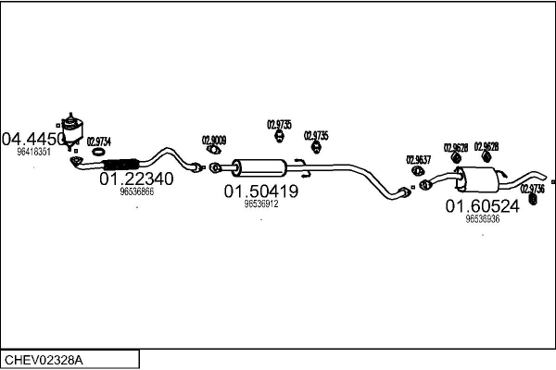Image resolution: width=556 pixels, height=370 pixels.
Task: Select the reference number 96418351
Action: point(33,152)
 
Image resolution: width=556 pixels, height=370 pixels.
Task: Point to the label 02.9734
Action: point(98,142)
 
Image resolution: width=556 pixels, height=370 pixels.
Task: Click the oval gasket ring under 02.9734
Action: point(98,154)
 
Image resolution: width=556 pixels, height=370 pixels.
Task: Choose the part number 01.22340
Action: point(135,179)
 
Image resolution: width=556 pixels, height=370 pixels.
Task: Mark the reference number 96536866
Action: point(136,192)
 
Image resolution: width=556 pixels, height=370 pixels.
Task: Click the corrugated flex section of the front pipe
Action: point(120,165)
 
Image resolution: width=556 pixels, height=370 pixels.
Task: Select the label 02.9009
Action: point(213,141)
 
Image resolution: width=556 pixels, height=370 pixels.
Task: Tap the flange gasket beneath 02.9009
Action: point(213,153)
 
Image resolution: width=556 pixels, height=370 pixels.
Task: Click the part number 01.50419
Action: point(260,191)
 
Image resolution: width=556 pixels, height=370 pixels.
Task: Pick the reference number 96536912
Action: point(260,204)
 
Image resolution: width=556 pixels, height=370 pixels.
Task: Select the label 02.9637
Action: point(418,160)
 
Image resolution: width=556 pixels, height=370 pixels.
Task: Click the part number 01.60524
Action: point(482,206)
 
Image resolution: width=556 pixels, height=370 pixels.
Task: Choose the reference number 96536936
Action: point(482,219)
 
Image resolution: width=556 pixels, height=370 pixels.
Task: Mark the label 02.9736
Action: point(532,188)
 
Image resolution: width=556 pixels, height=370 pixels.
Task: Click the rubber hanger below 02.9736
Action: point(532,199)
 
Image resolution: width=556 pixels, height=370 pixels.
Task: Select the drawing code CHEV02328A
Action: point(45,358)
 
